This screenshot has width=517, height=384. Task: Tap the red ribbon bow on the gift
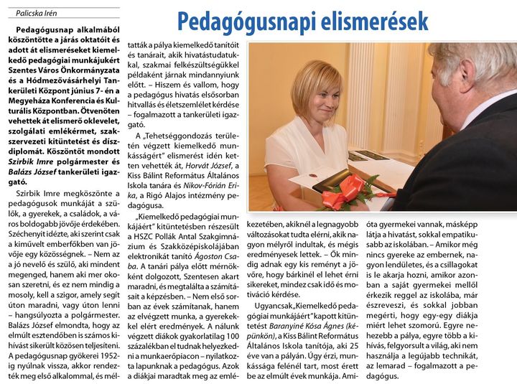pyautogui.click(x=344, y=192)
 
